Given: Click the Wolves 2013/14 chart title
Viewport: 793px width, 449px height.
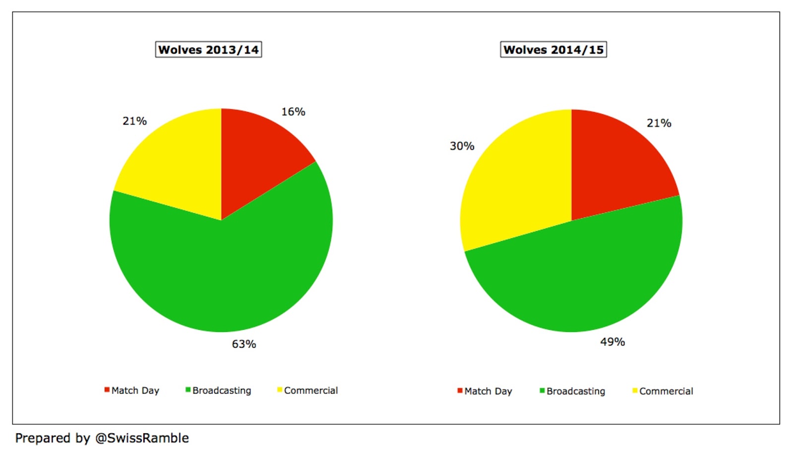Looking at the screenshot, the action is pyautogui.click(x=209, y=50).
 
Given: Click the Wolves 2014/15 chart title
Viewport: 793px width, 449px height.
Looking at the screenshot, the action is pyautogui.click(x=553, y=50).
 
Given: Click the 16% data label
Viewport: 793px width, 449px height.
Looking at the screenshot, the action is pyautogui.click(x=293, y=112).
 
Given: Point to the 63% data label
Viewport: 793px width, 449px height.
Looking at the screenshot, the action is pyautogui.click(x=244, y=344).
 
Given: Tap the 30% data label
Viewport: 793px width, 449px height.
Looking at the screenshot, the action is pyautogui.click(x=462, y=146).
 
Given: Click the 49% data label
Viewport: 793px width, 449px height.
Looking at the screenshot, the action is pyautogui.click(x=613, y=342).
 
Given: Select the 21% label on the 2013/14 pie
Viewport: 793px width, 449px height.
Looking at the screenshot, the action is pyautogui.click(x=134, y=121).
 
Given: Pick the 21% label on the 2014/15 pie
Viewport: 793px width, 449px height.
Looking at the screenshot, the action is pyautogui.click(x=659, y=124).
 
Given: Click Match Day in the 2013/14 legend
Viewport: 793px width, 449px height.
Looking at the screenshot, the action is pyautogui.click(x=135, y=390).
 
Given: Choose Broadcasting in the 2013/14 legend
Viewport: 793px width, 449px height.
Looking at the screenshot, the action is pyautogui.click(x=222, y=390).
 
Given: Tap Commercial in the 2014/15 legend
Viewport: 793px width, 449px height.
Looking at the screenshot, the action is pyautogui.click(x=666, y=391).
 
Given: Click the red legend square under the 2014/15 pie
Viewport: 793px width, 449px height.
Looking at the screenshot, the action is pyautogui.click(x=460, y=390).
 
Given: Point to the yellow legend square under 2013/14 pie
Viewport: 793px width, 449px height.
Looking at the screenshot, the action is pyautogui.click(x=280, y=390).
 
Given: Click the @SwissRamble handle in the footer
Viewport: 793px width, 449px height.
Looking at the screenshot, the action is pyautogui.click(x=142, y=439).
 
